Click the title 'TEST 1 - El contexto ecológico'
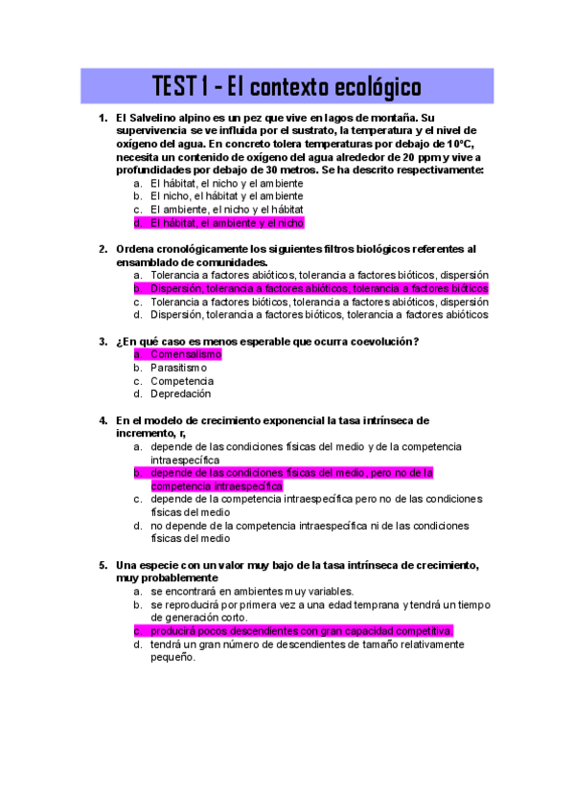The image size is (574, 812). coord(287,87)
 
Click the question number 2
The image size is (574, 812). coord(103,249)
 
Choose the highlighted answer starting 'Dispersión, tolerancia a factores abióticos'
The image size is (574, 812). coord(319,288)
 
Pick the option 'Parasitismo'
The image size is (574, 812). coord(178,368)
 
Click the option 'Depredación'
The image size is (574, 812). coord(181,394)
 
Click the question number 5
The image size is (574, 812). coord(103,565)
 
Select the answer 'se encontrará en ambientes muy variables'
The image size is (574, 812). coord(252,592)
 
